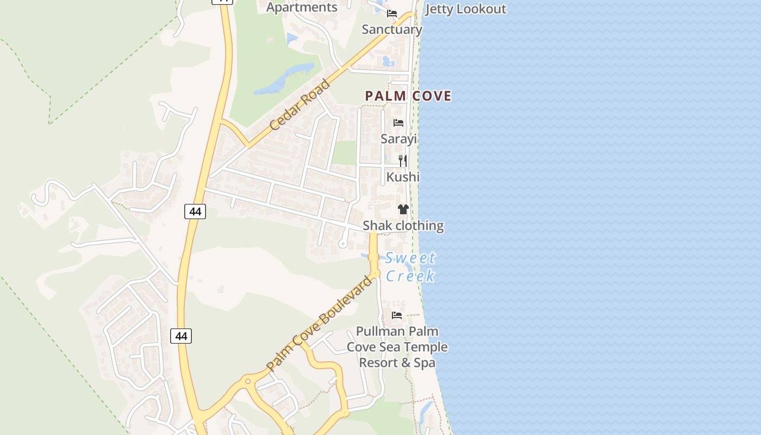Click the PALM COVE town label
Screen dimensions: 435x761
(408, 96)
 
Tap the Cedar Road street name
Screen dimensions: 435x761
(300, 104)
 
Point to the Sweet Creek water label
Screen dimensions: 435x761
(410, 267)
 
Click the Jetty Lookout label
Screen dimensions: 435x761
(466, 9)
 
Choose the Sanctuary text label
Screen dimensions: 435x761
(392, 29)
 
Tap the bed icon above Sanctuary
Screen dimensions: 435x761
(392, 14)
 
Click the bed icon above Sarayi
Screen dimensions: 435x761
(398, 123)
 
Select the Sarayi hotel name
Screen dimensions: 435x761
(398, 139)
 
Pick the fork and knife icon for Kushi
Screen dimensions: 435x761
(403, 160)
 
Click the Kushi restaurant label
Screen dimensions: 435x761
(403, 177)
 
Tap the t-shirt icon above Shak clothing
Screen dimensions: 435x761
(403, 209)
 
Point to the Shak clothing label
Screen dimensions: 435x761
(403, 226)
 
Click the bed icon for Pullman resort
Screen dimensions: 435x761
(397, 315)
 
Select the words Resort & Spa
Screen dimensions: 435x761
(397, 363)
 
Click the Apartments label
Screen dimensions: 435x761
(302, 7)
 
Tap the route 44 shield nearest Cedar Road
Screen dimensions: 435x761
(195, 212)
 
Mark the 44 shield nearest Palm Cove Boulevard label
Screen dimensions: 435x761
(181, 336)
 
